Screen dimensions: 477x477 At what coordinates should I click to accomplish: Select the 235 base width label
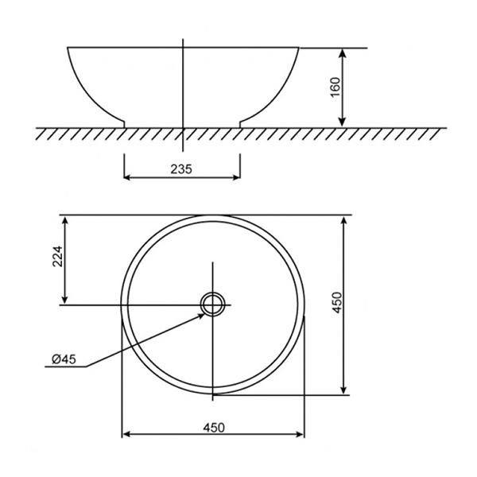coord(183,168)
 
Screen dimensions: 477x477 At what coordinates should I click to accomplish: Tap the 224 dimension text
coord(55,258)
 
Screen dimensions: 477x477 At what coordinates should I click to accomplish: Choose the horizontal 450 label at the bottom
coord(214,427)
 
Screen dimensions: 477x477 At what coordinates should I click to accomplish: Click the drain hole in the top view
coord(213,303)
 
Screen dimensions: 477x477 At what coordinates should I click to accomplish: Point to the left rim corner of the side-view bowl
coord(68,48)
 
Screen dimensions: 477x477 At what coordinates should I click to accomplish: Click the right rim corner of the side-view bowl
coord(300,48)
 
